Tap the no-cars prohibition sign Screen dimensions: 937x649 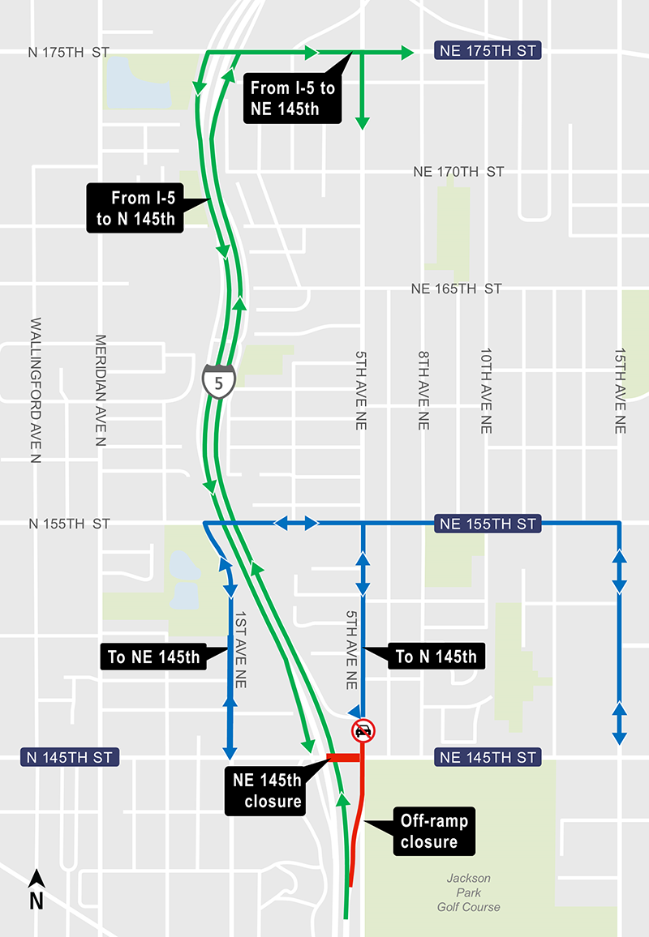coord(363,731)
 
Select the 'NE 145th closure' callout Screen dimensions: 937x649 coord(267,791)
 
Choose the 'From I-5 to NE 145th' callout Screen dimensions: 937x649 coord(291,98)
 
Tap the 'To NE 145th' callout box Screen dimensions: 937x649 coord(153,657)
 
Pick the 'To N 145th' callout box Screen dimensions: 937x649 coord(436,656)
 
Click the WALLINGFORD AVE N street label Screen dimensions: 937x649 coord(36,391)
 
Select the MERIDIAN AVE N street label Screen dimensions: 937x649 coord(101,391)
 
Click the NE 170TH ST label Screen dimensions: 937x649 coord(458,172)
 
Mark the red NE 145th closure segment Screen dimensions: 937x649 coord(343,758)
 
